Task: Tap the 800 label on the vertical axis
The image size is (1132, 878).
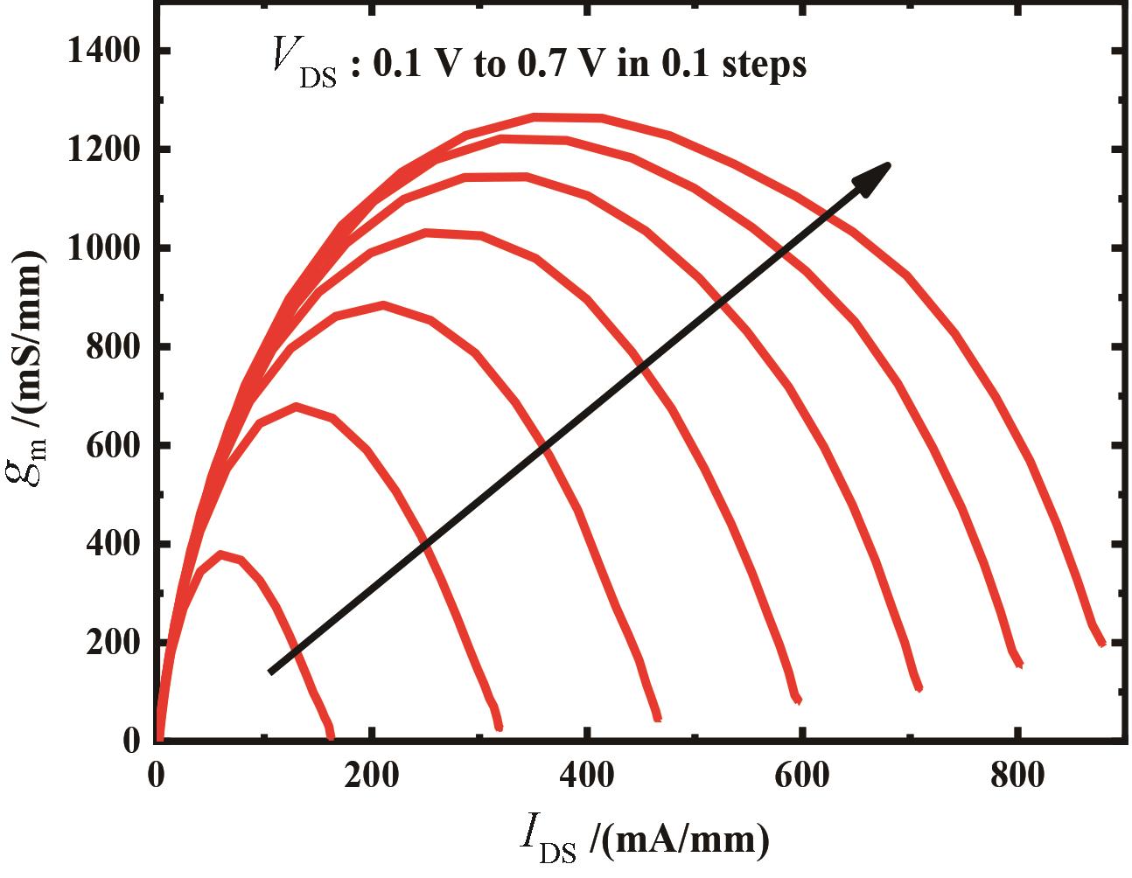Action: (x=113, y=347)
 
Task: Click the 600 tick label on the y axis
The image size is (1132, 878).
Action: (x=113, y=446)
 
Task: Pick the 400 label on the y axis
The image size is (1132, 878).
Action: (x=113, y=544)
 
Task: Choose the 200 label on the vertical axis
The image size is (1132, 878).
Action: (x=113, y=643)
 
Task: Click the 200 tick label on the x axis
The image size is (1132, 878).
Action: (x=374, y=776)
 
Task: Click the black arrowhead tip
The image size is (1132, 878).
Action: (x=890, y=163)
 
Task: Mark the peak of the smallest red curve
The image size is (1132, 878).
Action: (x=221, y=554)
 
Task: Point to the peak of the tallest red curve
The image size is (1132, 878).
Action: (x=560, y=116)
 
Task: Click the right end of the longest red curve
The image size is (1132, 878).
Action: (x=1102, y=643)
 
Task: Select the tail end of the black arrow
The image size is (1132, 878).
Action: (x=270, y=672)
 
